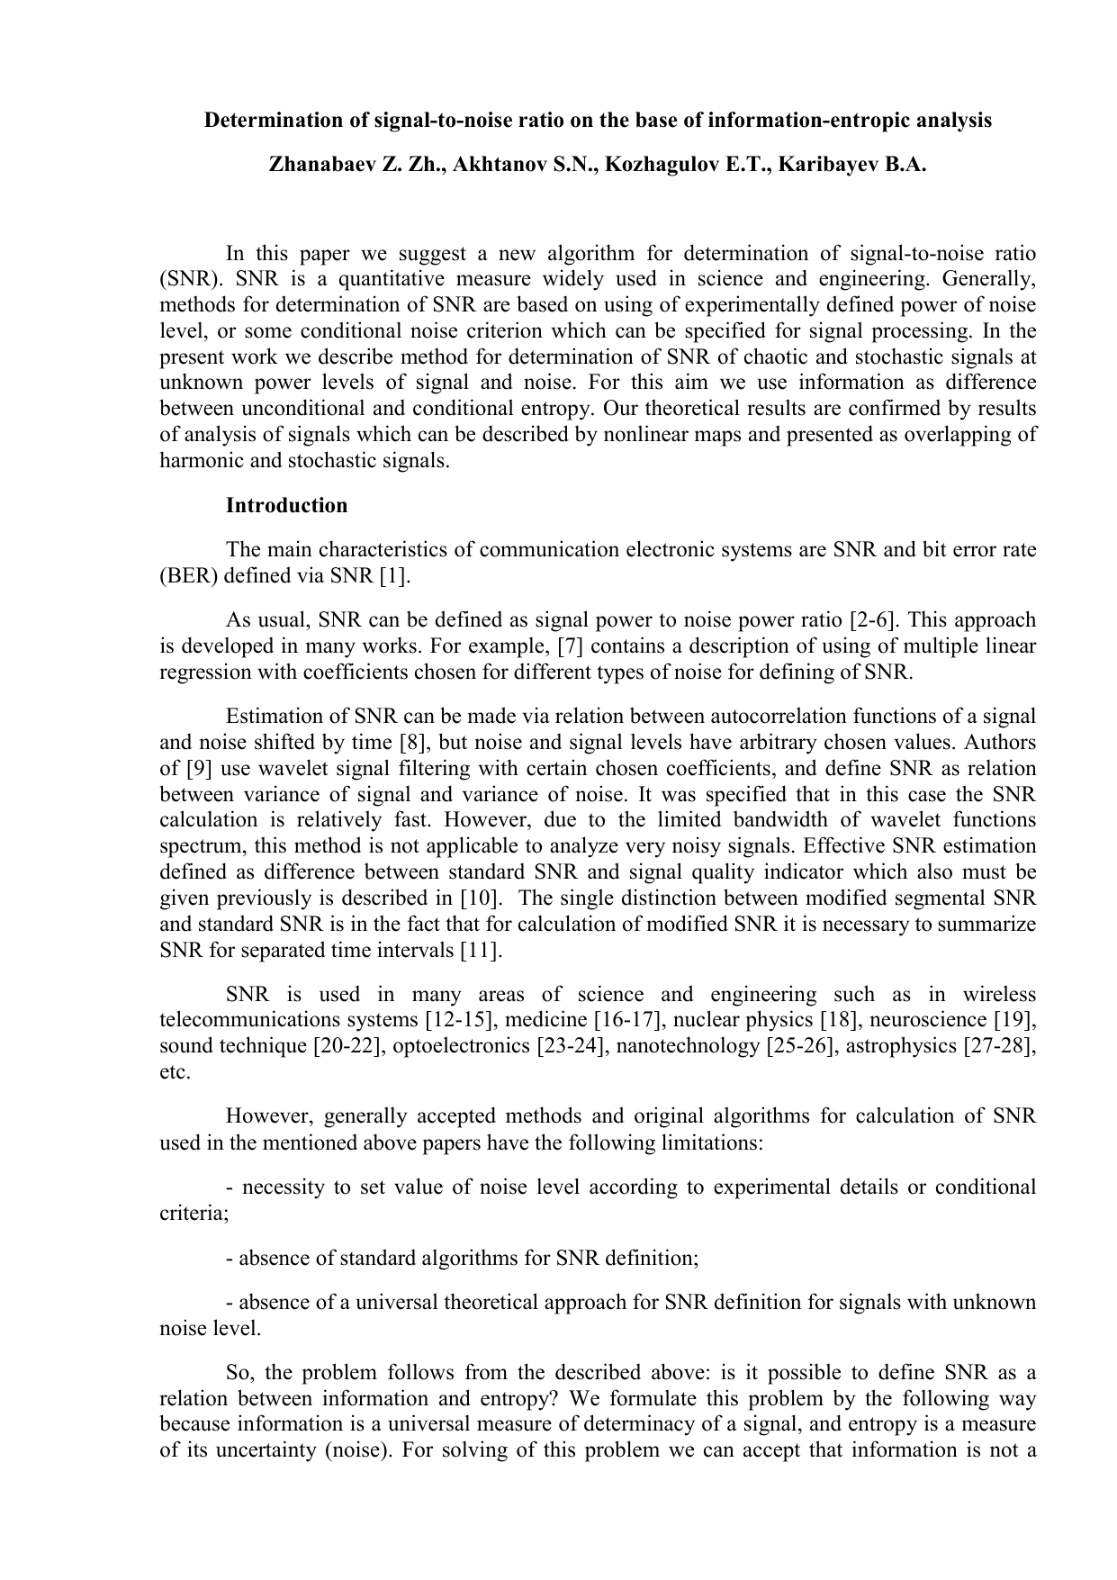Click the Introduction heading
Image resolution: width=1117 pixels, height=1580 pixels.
click(x=286, y=506)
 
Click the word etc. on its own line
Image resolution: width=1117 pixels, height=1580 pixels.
click(x=174, y=1072)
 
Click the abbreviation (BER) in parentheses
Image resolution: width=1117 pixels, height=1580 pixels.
click(x=188, y=576)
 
